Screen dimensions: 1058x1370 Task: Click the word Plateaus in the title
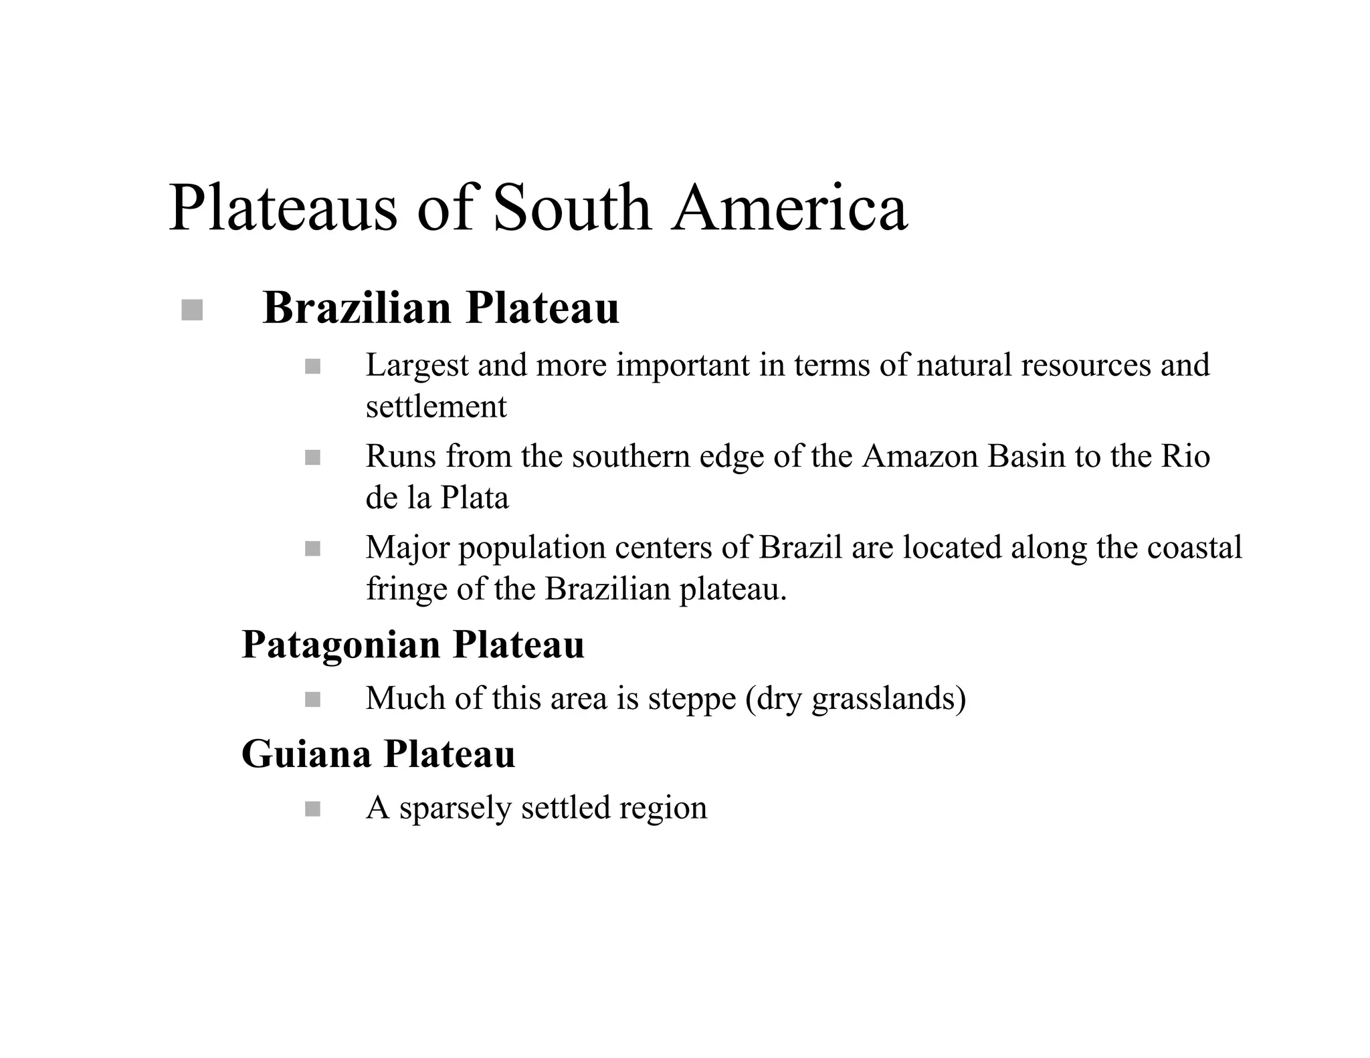[282, 208]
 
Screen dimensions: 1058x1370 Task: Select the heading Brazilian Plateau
[441, 308]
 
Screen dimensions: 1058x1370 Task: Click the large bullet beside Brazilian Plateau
[192, 310]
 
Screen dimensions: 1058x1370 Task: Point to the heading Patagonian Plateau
[413, 645]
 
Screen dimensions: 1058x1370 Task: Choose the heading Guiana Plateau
[378, 754]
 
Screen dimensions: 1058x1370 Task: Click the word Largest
[417, 366]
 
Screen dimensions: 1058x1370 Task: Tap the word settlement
[436, 407]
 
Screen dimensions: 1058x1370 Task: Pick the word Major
[407, 548]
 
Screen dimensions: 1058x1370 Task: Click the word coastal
[1194, 548]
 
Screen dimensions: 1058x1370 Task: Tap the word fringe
[406, 590]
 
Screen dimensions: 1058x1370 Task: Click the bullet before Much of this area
[312, 700]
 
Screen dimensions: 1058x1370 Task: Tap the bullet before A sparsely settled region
[312, 809]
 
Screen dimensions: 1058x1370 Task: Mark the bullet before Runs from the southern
[312, 457]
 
